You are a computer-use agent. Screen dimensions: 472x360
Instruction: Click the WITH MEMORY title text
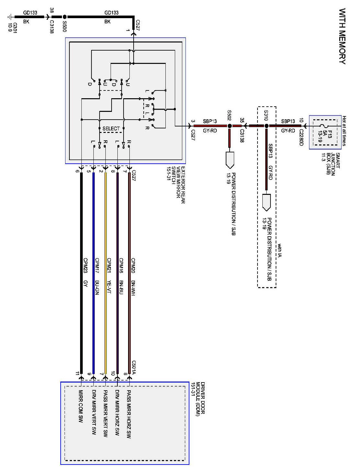click(x=342, y=36)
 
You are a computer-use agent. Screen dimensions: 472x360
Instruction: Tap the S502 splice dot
click(x=229, y=125)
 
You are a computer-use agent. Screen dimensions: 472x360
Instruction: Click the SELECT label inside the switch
click(x=111, y=129)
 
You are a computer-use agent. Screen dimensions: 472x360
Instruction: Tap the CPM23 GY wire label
click(x=86, y=276)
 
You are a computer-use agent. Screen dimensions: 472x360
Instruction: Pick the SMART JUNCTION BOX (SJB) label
click(x=333, y=164)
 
